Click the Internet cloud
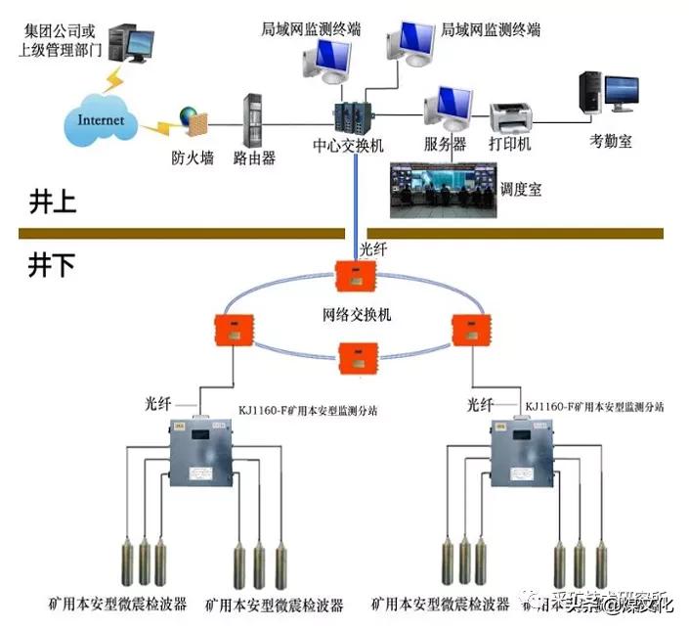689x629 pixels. point(101,121)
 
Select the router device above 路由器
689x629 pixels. point(253,120)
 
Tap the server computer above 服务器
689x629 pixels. point(448,110)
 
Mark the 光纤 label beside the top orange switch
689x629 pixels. point(374,249)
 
